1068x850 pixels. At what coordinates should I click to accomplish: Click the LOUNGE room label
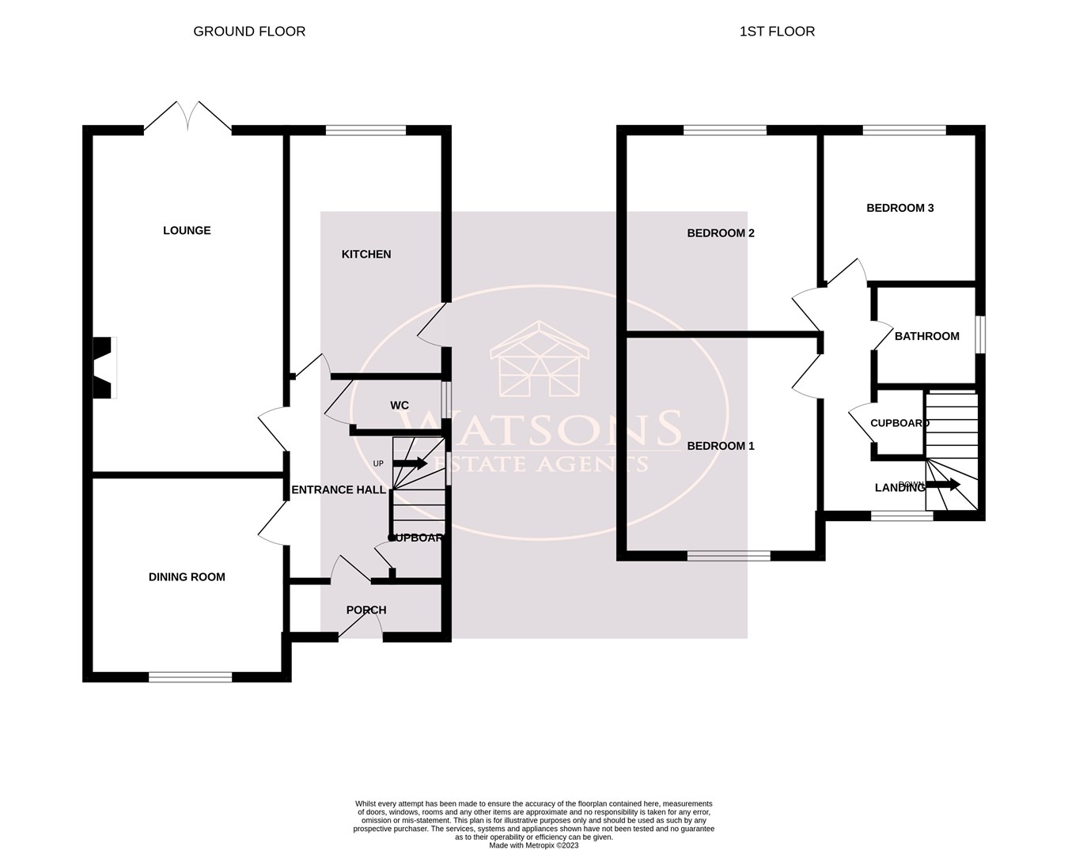pyautogui.click(x=187, y=231)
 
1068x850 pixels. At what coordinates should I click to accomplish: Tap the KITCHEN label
pyautogui.click(x=366, y=255)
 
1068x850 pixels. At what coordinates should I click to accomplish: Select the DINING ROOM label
pyautogui.click(x=187, y=577)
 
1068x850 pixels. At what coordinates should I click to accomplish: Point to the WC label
pyautogui.click(x=400, y=406)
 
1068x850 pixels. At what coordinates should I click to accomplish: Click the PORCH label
pyautogui.click(x=366, y=610)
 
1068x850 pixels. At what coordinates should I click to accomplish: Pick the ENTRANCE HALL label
pyautogui.click(x=339, y=490)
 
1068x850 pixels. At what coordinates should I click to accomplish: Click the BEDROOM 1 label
pyautogui.click(x=721, y=446)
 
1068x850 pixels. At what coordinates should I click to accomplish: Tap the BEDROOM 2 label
pyautogui.click(x=721, y=233)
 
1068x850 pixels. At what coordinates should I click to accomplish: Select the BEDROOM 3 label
pyautogui.click(x=900, y=208)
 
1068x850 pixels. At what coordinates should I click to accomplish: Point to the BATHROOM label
pyautogui.click(x=927, y=336)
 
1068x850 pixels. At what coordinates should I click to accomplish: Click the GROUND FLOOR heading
pyautogui.click(x=249, y=32)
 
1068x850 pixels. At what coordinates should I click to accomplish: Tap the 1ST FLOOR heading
pyautogui.click(x=777, y=32)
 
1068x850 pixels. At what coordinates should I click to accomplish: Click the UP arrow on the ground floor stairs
pyautogui.click(x=410, y=463)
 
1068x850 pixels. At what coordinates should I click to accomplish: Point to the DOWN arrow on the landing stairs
pyautogui.click(x=943, y=485)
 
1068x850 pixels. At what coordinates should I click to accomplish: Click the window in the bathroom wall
pyautogui.click(x=980, y=334)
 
